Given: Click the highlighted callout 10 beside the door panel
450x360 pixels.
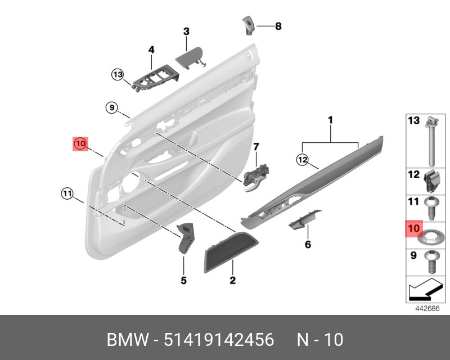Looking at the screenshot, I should (79, 144).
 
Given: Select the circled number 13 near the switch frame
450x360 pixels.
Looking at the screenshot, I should (117, 74).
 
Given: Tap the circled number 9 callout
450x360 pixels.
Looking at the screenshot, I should (111, 107).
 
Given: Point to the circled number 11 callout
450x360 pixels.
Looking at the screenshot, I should (67, 194).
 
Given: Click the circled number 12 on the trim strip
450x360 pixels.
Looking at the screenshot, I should (303, 160).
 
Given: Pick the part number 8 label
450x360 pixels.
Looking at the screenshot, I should (277, 26).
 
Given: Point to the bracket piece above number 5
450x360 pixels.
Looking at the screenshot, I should (185, 237).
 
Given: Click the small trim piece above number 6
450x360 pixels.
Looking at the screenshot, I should (305, 221).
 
